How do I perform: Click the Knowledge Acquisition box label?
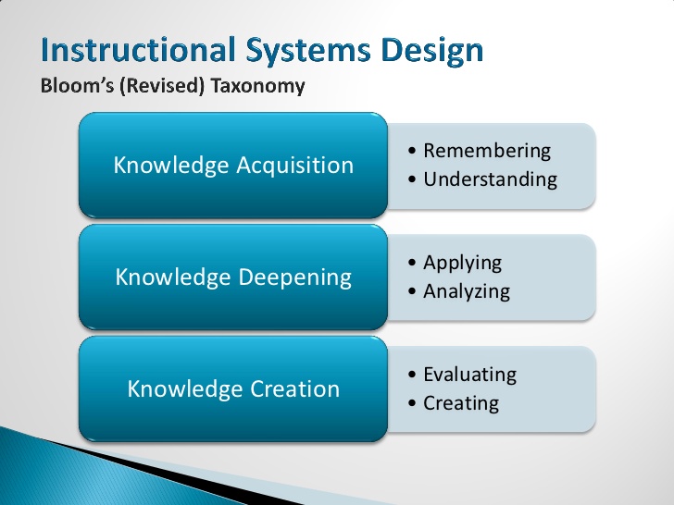[233, 166]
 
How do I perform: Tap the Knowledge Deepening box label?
[233, 277]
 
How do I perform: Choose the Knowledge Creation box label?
[233, 388]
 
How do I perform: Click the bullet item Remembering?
[486, 151]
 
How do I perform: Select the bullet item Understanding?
[490, 179]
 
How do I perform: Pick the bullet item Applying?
[462, 263]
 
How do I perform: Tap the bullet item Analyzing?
[467, 291]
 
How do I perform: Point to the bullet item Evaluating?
[469, 375]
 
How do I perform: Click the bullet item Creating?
[461, 403]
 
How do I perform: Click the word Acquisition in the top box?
[295, 166]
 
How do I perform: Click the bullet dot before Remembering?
[412, 152]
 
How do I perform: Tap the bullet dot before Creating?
[412, 404]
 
